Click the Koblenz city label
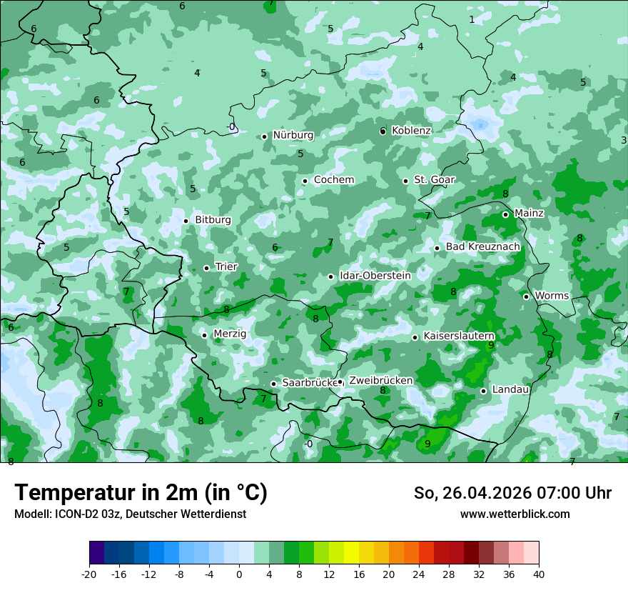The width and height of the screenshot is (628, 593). tap(411, 131)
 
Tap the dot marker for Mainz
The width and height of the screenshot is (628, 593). tap(505, 214)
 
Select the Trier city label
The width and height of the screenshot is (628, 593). tap(226, 267)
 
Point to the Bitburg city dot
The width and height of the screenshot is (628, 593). tap(186, 221)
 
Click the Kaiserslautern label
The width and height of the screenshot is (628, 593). tap(459, 336)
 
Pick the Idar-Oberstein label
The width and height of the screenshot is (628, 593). tap(375, 276)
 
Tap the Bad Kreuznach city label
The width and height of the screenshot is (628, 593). tap(482, 247)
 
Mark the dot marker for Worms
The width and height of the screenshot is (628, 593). tap(526, 296)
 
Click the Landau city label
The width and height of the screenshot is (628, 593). tap(510, 389)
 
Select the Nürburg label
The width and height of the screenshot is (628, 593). tap(293, 135)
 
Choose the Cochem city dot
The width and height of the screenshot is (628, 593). tap(305, 181)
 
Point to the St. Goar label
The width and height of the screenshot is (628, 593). tap(435, 180)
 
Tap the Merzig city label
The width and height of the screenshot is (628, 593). tap(230, 334)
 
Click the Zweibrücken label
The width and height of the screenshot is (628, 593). tap(380, 381)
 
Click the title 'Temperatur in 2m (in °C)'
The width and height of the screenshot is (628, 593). tap(141, 493)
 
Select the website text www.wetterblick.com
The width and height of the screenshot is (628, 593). tap(515, 514)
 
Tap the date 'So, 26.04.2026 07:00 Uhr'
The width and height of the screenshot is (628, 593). tap(512, 493)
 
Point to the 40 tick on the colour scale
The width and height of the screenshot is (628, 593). tap(539, 574)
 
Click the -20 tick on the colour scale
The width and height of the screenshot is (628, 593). tap(88, 574)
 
